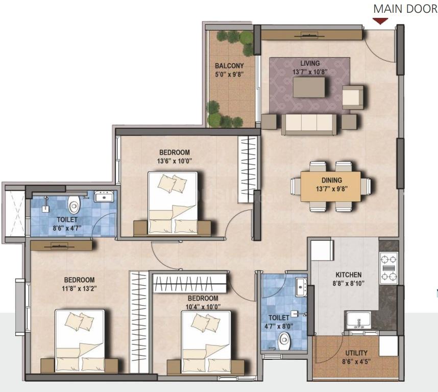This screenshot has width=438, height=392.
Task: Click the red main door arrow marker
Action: [380, 21]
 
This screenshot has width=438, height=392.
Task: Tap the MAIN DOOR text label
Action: [406, 9]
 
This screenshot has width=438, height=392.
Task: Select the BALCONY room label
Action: [229, 66]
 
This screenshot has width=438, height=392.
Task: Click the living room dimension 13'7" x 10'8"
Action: [310, 72]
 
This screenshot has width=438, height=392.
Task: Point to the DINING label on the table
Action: [332, 180]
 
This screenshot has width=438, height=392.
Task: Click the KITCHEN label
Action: [349, 275]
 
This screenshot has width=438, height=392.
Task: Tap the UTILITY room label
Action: [356, 353]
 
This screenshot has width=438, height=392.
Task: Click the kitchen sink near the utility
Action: [359, 320]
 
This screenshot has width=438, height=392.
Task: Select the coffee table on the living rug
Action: [309, 87]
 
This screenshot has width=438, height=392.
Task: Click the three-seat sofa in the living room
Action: [309, 124]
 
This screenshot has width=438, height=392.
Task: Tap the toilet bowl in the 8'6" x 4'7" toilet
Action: [74, 204]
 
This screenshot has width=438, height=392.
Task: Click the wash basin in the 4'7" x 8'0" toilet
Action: [301, 287]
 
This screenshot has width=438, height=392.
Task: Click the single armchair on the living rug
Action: [353, 97]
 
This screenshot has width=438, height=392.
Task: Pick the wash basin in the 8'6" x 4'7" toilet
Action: [104, 196]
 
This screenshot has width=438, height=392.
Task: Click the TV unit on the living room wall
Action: [311, 35]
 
